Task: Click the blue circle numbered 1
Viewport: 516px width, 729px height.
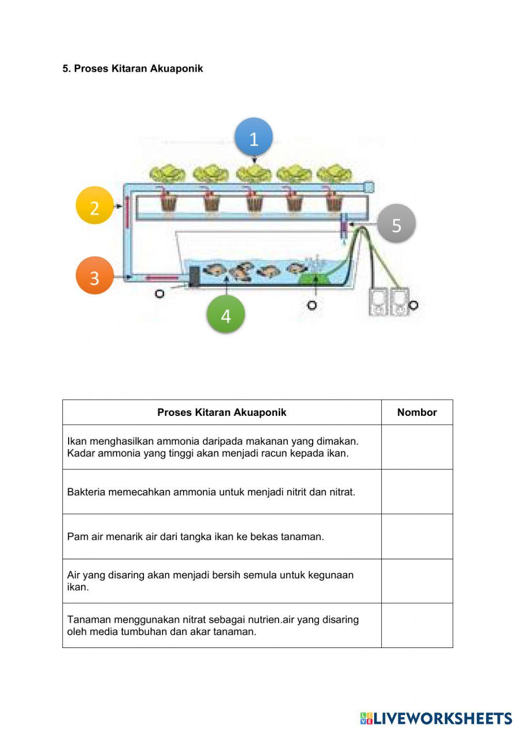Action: pyautogui.click(x=253, y=137)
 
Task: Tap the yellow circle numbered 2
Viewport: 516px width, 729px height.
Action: pyautogui.click(x=94, y=206)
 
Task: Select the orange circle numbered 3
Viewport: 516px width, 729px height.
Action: pyautogui.click(x=94, y=276)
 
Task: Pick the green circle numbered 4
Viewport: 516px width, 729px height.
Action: pyautogui.click(x=225, y=314)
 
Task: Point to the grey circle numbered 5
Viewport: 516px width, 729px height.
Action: pyautogui.click(x=396, y=223)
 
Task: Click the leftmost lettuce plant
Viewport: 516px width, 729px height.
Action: pyautogui.click(x=168, y=173)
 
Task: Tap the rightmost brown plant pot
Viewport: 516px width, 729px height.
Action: pyautogui.click(x=334, y=203)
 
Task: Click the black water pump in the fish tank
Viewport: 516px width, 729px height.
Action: pyautogui.click(x=193, y=276)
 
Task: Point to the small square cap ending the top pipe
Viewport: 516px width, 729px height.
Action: pyautogui.click(x=368, y=187)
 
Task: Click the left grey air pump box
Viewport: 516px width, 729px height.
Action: pyautogui.click(x=378, y=302)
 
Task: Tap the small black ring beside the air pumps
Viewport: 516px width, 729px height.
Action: pyautogui.click(x=413, y=305)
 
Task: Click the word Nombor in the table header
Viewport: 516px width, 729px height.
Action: pyautogui.click(x=417, y=412)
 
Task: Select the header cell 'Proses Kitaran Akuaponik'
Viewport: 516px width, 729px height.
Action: pyautogui.click(x=221, y=412)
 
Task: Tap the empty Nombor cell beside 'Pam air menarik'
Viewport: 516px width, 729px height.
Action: pyautogui.click(x=417, y=537)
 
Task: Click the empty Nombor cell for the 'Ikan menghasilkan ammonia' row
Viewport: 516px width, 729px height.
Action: pyautogui.click(x=417, y=447)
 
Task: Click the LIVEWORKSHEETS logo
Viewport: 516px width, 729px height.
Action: pyautogui.click(x=436, y=718)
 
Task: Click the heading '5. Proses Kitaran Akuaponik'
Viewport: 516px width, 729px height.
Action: pyautogui.click(x=133, y=69)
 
